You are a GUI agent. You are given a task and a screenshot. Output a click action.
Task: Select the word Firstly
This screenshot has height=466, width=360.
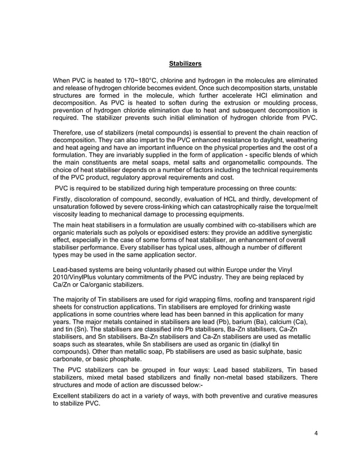[x=64, y=199]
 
